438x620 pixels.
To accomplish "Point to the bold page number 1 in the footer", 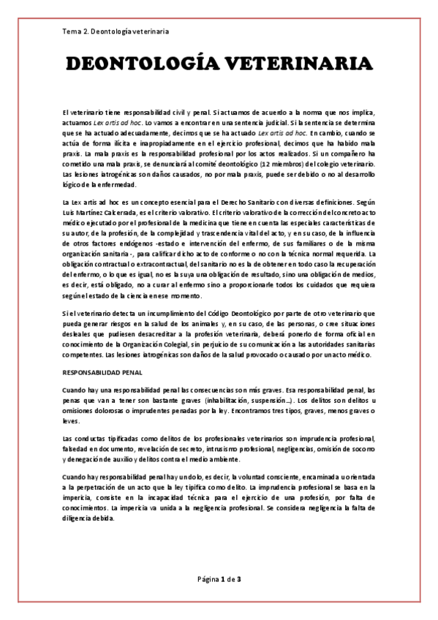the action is pos(221,579).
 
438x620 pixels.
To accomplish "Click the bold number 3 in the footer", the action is pos(239,579).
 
